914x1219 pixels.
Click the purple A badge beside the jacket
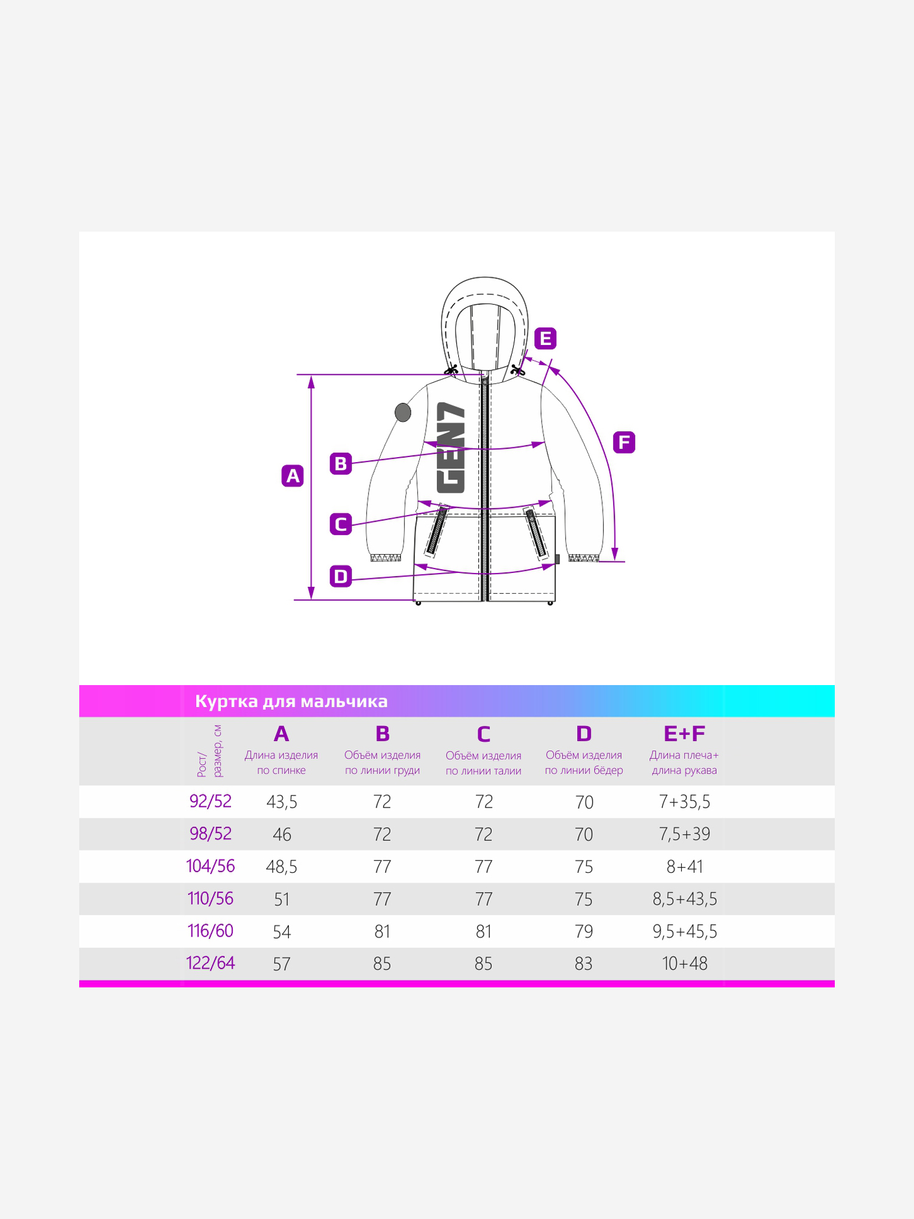point(292,475)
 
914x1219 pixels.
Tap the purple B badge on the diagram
point(341,463)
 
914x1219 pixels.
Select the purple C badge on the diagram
point(341,524)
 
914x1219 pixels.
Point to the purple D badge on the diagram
point(341,576)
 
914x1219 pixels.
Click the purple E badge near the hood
point(545,338)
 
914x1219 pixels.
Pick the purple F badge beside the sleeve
point(624,442)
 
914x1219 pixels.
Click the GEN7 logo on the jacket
point(451,447)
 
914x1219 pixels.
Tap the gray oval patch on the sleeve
point(403,413)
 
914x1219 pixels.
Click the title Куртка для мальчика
point(291,702)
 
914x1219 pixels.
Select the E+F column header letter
point(684,734)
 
